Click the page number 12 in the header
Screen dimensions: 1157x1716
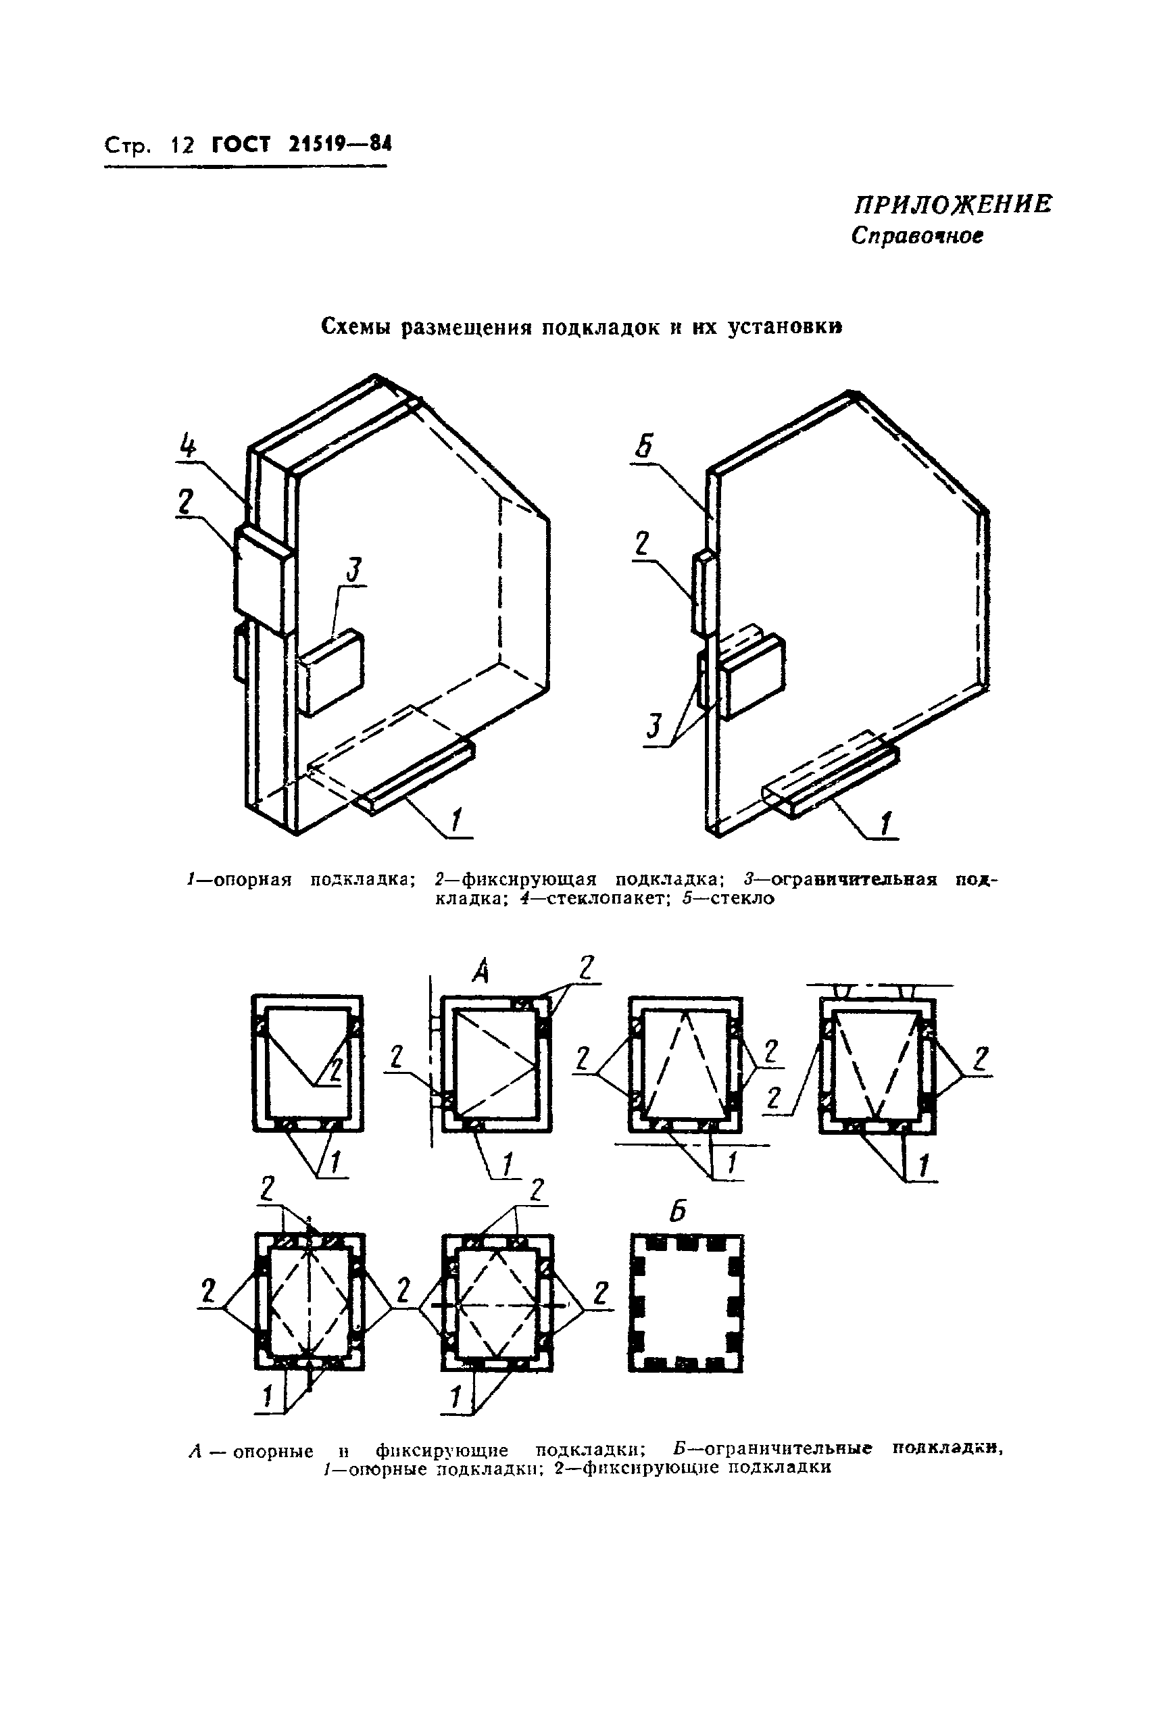[182, 145]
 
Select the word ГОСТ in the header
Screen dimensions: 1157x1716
[241, 144]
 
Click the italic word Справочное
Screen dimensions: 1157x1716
[917, 235]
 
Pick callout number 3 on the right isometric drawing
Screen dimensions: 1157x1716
[654, 727]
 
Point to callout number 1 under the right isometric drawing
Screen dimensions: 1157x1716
[885, 823]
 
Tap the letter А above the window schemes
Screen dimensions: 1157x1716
[480, 973]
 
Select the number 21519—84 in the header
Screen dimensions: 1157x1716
[340, 144]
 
